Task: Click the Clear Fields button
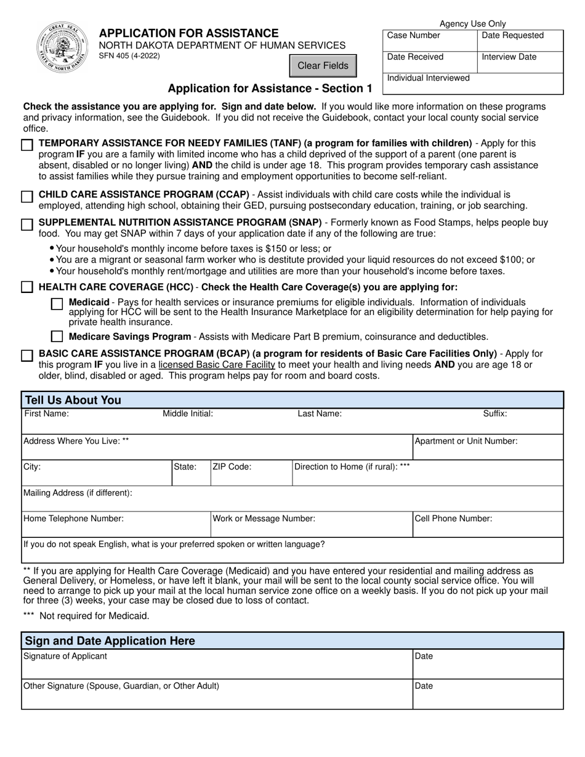323,66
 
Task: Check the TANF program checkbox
27,145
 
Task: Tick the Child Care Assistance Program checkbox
27,197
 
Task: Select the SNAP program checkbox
27,225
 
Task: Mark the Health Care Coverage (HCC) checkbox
27,287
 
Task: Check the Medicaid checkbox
57,303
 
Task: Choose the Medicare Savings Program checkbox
57,337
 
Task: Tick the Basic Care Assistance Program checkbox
27,356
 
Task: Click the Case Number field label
413,36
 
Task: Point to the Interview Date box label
509,57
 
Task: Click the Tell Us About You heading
73,400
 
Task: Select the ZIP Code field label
232,467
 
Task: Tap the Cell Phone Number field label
453,519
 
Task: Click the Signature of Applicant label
65,656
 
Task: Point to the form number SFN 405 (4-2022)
129,56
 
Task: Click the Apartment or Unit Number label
466,441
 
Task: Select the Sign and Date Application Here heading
110,641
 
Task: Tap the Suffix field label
494,414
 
